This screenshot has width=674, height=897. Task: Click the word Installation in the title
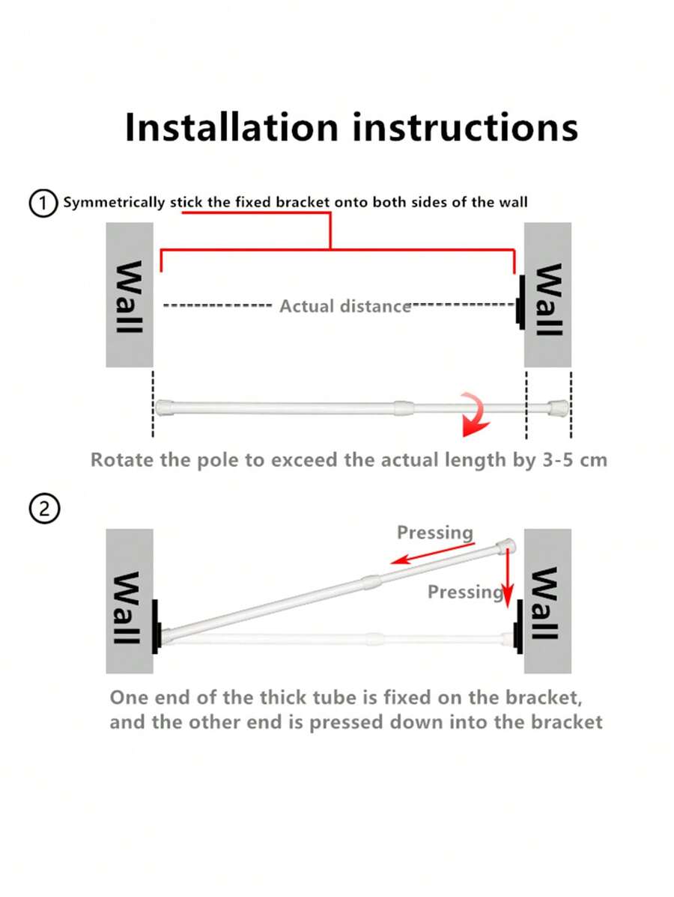(x=232, y=127)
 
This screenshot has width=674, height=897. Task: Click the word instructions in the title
(x=465, y=127)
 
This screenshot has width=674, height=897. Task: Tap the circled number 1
(x=43, y=203)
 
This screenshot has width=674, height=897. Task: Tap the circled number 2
(x=43, y=509)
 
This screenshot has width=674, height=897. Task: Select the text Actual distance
(x=345, y=306)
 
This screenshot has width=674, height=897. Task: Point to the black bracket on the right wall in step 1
(x=519, y=302)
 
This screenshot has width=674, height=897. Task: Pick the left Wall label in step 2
(x=129, y=607)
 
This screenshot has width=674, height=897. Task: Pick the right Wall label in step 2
(x=546, y=603)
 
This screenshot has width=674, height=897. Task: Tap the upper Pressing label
(x=435, y=533)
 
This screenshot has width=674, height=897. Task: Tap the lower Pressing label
(x=464, y=592)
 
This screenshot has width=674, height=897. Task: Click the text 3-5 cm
(x=574, y=459)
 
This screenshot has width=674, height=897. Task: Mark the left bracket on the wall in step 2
(x=157, y=627)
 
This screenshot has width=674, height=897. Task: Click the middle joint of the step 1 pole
(x=403, y=408)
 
